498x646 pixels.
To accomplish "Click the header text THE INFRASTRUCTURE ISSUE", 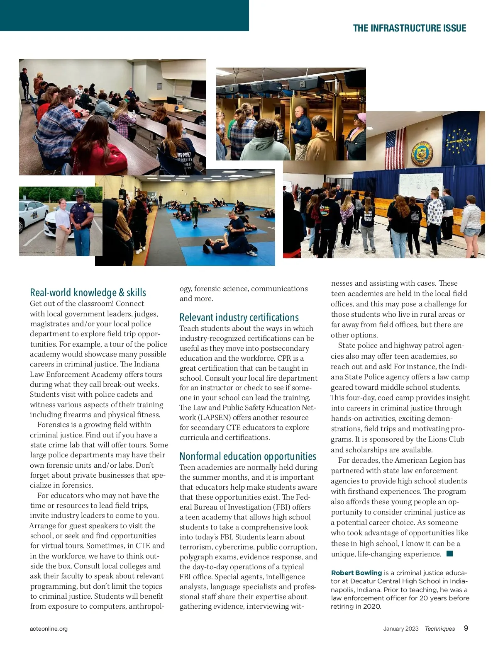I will tap(409, 28).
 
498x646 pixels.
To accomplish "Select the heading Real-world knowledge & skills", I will tap(88, 292).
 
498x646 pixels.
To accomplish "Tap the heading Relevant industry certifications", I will tap(239, 317).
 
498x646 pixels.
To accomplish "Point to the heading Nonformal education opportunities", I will tap(248, 456).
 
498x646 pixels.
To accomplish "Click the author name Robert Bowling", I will tap(356, 573).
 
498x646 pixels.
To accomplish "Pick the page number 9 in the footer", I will tap(466, 628).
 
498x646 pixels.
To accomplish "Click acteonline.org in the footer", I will tap(49, 629).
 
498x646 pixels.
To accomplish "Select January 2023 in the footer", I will tap(401, 629).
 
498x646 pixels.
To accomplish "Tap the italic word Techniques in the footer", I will tap(440, 629).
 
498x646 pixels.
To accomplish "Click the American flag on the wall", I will tap(395, 148).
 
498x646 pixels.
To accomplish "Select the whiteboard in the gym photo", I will tap(420, 185).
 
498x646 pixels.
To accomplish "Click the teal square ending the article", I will tap(449, 554).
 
